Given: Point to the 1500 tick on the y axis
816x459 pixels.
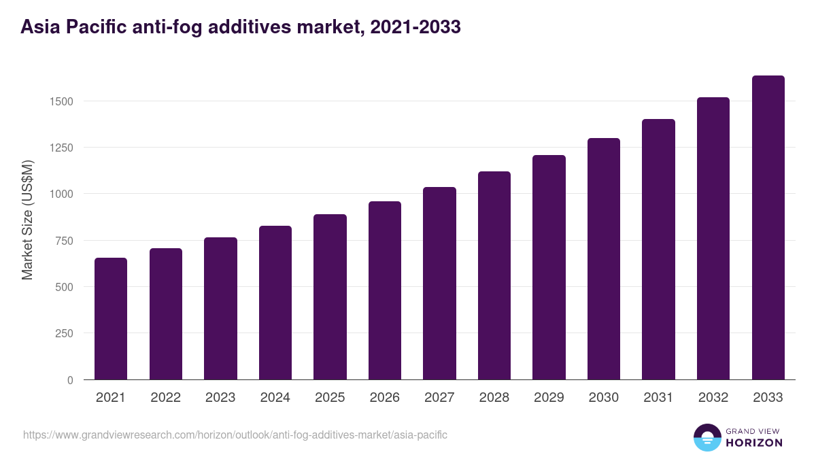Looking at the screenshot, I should point(61,101).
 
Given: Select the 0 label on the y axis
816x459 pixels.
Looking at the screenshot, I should point(70,380).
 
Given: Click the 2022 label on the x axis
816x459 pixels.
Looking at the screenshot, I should point(165,398).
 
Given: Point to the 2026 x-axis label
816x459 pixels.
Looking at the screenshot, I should point(385,398).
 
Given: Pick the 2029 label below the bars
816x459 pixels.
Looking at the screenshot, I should point(549,398).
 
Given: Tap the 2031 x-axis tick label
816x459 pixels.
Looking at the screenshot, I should point(658,398).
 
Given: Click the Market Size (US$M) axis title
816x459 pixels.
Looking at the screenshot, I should point(28,220).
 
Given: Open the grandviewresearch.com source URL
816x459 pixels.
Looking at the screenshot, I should point(235,435).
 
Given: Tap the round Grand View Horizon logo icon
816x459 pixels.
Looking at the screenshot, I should point(707,437).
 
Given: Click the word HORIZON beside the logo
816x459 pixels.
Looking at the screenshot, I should point(754,443).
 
